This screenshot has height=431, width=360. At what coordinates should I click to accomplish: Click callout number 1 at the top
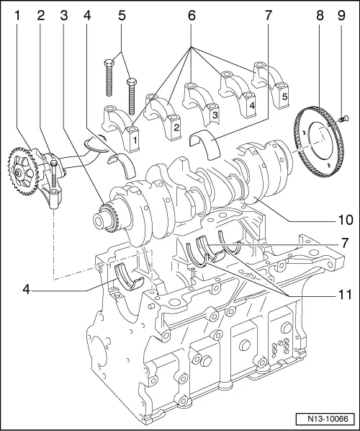pyautogui.click(x=17, y=16)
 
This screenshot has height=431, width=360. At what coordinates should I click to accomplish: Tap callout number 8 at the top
pyautogui.click(x=320, y=16)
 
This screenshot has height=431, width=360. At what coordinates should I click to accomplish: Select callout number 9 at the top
pyautogui.click(x=341, y=16)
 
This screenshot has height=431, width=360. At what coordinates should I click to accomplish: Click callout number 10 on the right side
pyautogui.click(x=345, y=220)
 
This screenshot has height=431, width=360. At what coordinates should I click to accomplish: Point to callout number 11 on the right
pyautogui.click(x=345, y=295)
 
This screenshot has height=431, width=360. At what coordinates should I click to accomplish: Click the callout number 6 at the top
pyautogui.click(x=192, y=16)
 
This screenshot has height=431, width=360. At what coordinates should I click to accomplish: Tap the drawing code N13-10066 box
pyautogui.click(x=328, y=419)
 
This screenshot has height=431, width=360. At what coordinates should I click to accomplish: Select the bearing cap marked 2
pyautogui.click(x=164, y=117)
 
